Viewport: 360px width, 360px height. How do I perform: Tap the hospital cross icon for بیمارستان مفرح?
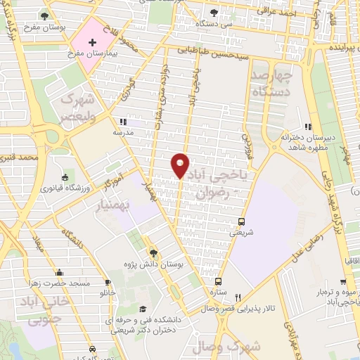click(x=92, y=43)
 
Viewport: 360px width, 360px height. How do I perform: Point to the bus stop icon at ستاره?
click(x=217, y=281)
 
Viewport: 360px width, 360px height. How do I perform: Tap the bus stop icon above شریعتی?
click(x=242, y=220)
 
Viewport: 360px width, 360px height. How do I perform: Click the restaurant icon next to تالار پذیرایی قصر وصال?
click(x=238, y=298)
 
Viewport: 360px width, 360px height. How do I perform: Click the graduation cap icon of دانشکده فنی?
click(x=143, y=309)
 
